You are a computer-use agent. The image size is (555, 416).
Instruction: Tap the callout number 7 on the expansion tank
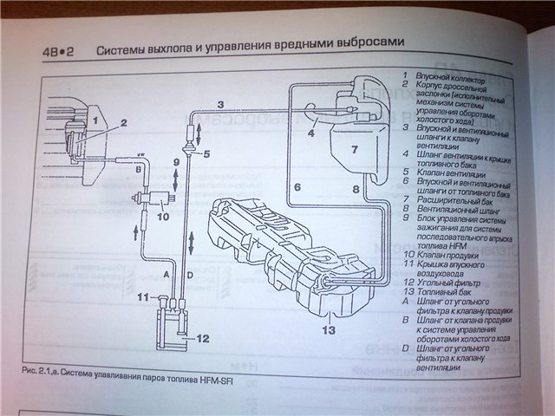[x=354, y=149]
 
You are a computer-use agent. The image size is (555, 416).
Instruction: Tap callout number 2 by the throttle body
[x=125, y=122]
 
